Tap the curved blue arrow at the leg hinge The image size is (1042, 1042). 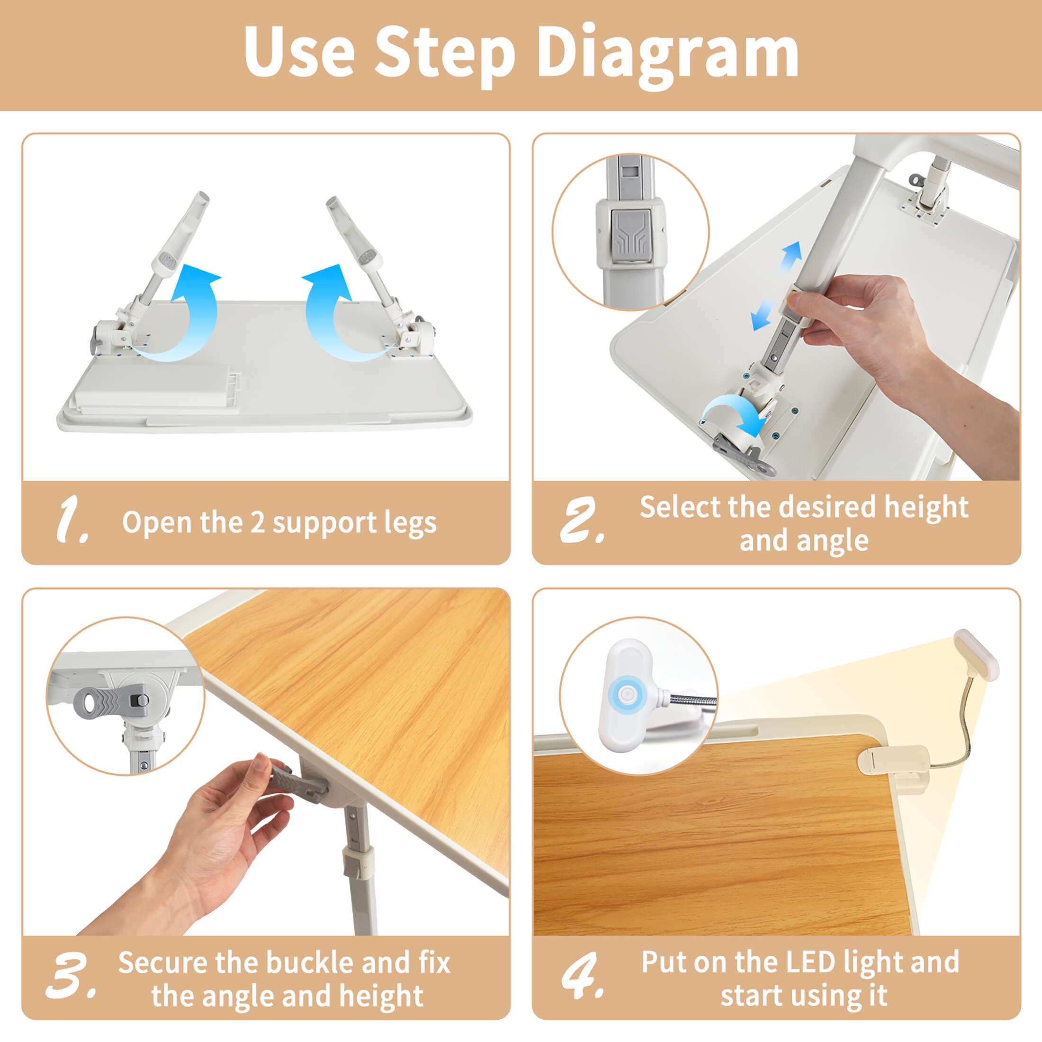tap(734, 410)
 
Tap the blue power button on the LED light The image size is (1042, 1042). tap(627, 692)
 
